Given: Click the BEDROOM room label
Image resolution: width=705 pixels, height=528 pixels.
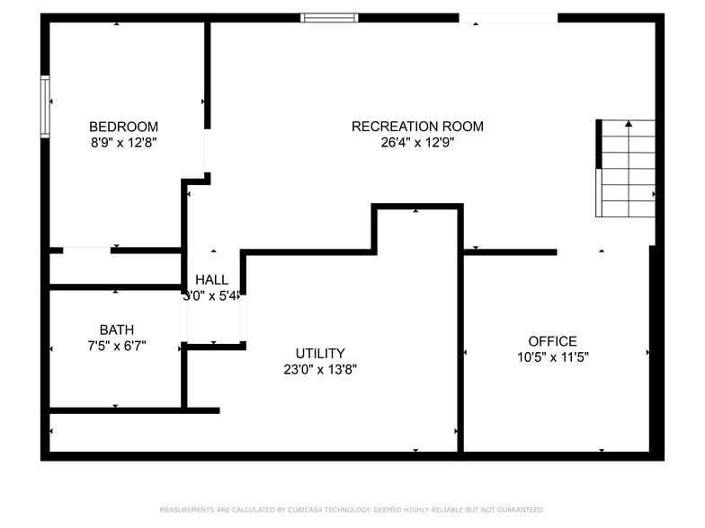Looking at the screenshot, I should tap(123, 127).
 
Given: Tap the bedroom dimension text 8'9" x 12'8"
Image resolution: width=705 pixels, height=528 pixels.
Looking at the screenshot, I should tap(123, 143).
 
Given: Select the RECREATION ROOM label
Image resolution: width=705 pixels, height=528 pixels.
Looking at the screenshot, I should tap(417, 127).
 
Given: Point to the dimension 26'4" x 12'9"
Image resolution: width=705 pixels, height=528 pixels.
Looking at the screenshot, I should tap(417, 143).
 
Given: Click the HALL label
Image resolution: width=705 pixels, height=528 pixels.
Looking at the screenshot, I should tap(211, 280).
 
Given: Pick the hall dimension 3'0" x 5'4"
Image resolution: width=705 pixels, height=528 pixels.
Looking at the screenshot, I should tap(211, 295).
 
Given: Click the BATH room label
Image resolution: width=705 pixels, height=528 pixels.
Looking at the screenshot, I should tap(117, 330).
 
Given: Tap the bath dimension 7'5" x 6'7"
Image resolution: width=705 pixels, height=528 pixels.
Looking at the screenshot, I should tap(117, 346).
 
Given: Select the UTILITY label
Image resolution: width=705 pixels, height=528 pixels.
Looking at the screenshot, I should tap(320, 353).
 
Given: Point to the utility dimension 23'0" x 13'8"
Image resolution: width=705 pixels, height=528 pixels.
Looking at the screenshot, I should tap(320, 369).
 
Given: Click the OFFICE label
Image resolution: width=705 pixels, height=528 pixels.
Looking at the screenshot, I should tap(552, 341).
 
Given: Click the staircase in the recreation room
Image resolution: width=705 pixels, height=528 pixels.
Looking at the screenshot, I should tap(627, 169).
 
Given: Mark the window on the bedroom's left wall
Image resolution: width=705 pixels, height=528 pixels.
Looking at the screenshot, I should tap(45, 107).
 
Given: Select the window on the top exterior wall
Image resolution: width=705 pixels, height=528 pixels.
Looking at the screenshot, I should tap(329, 17).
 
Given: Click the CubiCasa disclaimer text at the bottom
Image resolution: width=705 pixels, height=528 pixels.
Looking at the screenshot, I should tap(352, 509).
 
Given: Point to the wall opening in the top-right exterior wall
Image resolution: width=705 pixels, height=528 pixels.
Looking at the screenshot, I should tap(508, 17).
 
